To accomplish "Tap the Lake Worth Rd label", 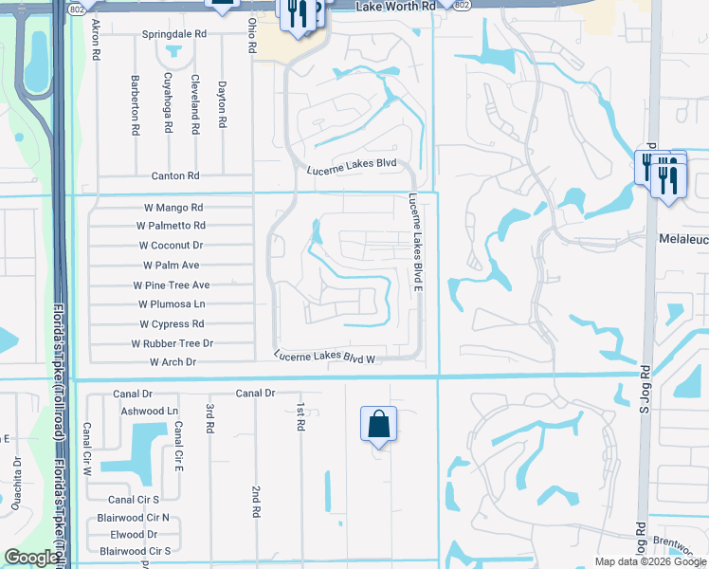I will [x=395, y=7].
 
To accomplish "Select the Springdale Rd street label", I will [x=175, y=33].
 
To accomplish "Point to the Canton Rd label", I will [x=175, y=176].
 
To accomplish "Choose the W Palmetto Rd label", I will [x=171, y=226].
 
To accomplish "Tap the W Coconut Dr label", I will [x=171, y=245].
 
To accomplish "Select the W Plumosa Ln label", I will [x=172, y=304].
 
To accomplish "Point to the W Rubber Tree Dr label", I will [x=172, y=343].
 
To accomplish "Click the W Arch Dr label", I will [x=173, y=362].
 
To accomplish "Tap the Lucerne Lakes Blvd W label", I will [x=325, y=358].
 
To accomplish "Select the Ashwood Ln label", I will [x=150, y=411].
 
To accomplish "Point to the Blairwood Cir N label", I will [x=134, y=518].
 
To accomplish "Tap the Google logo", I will [x=31, y=558].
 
